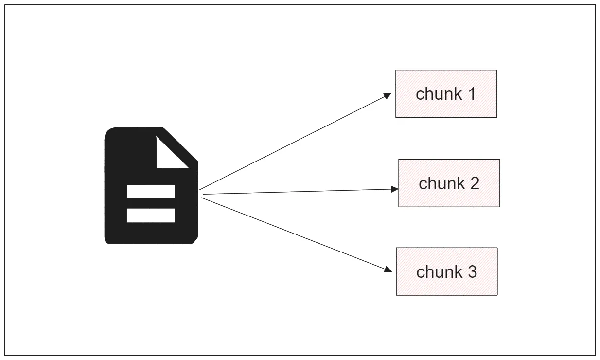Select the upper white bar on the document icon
pyautogui.click(x=151, y=191)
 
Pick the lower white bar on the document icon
pyautogui.click(x=151, y=215)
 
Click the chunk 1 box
pyautogui.click(x=446, y=93)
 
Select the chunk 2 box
pyautogui.click(x=449, y=183)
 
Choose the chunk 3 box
pyautogui.click(x=446, y=271)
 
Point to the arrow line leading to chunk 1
pyautogui.click(x=292, y=142)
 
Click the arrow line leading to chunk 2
pyautogui.click(x=297, y=192)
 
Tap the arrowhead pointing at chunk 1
pyautogui.click(x=388, y=95)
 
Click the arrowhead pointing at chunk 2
pyautogui.click(x=395, y=189)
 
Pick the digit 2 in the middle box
pyautogui.click(x=474, y=183)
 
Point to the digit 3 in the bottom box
pyautogui.click(x=472, y=271)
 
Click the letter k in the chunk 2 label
pyautogui.click(x=459, y=183)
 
